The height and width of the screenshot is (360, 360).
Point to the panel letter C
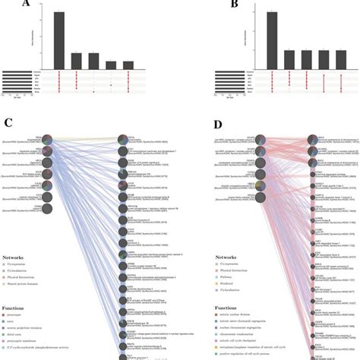pyautogui.click(x=8, y=123)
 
